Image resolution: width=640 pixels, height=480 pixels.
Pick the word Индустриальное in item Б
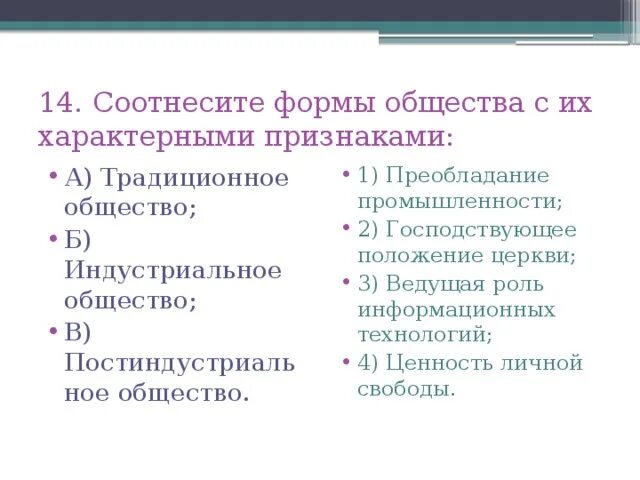(173, 271)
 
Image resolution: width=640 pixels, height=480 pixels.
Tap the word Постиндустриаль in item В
(180, 362)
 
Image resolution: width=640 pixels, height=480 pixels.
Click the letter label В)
(78, 331)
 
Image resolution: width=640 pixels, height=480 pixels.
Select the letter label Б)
(78, 240)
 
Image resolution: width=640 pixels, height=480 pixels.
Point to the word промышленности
(459, 201)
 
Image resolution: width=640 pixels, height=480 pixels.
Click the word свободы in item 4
(405, 389)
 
